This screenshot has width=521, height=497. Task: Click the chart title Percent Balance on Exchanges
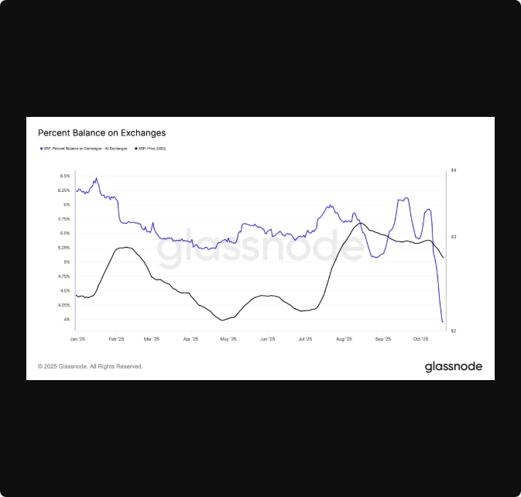tap(101, 133)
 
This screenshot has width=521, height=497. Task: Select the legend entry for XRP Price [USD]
tap(152, 148)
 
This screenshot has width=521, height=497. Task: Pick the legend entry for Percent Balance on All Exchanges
tap(85, 148)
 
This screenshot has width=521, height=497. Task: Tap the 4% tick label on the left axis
tap(66, 320)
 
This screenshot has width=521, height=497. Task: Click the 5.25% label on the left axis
tap(64, 248)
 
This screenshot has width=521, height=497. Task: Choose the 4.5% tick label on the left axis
tap(64, 291)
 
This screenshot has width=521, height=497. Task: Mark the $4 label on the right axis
tap(453, 170)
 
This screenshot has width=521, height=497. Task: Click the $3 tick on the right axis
tap(453, 236)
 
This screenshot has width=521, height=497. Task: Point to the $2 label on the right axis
tap(453, 331)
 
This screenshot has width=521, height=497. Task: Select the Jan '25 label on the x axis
tap(77, 339)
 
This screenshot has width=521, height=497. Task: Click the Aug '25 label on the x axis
tap(344, 339)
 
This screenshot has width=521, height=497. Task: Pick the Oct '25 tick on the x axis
tap(420, 339)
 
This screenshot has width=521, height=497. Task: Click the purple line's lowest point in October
tap(442, 321)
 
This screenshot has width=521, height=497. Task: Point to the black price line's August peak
tap(359, 223)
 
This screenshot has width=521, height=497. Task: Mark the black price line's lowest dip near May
tap(223, 320)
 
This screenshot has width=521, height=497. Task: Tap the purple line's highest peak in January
tap(96, 179)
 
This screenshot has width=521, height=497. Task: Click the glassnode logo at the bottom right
tap(453, 366)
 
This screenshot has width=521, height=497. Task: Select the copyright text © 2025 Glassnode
tap(90, 366)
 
